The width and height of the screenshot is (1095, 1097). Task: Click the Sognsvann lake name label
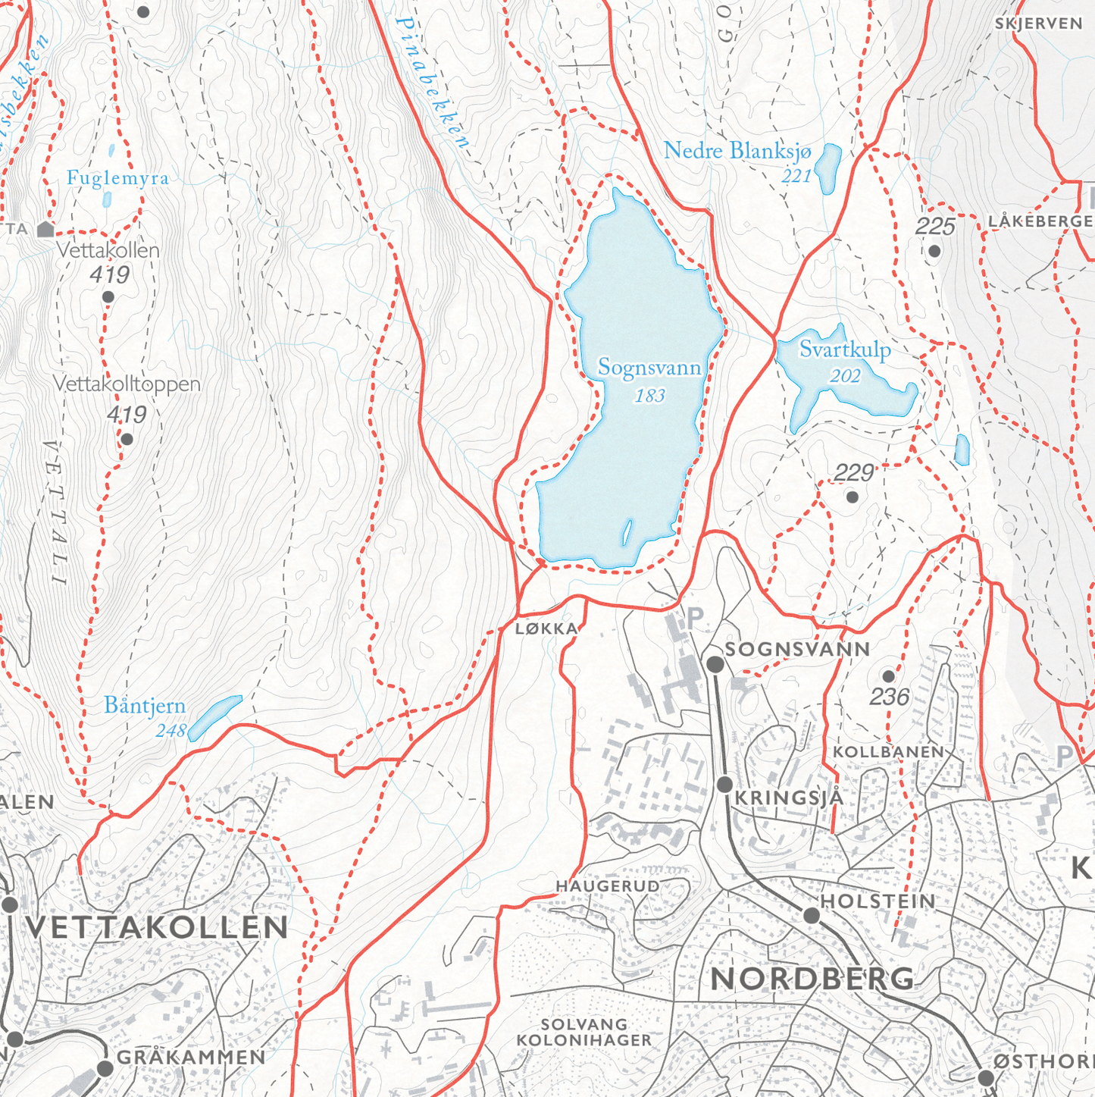point(649,368)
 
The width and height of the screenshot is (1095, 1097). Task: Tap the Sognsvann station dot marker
point(715,664)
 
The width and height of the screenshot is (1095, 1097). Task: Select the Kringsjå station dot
point(724,784)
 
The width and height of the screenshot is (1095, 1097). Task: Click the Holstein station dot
point(811,915)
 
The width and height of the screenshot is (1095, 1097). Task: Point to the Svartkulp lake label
point(844,350)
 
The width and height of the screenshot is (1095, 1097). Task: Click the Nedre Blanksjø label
point(737,151)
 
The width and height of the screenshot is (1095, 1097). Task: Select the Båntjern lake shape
point(214,716)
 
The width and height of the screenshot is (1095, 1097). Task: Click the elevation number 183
point(649,396)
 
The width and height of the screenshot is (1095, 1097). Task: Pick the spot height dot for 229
point(852,497)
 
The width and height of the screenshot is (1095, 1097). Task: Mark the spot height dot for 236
point(888,676)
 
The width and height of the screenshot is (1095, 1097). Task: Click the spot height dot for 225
point(934,251)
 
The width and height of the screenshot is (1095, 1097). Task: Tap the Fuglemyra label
point(117,178)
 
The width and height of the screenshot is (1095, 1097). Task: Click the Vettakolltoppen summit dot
point(127,439)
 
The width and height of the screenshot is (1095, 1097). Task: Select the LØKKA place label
point(546,628)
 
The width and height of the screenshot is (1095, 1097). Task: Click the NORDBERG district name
point(812,979)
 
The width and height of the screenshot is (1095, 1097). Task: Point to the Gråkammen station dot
point(105,1068)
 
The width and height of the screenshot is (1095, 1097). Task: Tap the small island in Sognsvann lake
point(627,532)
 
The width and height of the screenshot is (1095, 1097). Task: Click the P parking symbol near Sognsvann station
point(694,619)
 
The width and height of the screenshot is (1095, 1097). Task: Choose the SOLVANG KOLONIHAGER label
point(584,1033)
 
